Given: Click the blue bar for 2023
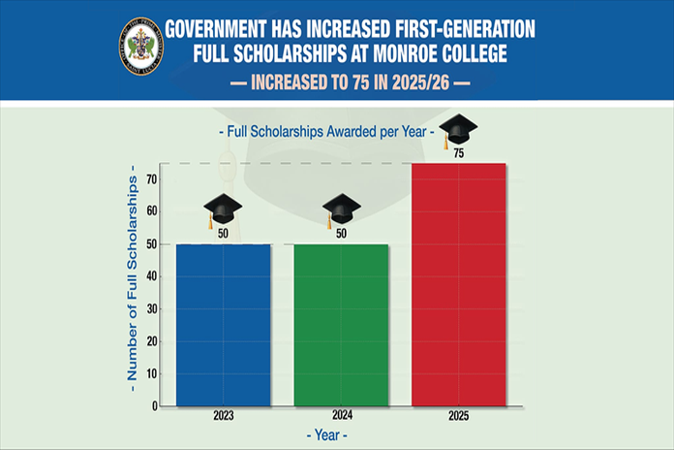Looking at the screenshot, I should (x=223, y=324).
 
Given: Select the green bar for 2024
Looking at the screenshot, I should (x=341, y=324).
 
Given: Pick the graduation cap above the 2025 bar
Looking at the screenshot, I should (x=458, y=130).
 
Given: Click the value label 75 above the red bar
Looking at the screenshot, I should (x=458, y=153).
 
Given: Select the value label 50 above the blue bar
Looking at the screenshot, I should (x=223, y=234).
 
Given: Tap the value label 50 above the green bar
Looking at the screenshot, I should (x=341, y=234).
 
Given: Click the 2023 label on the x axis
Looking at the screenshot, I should (x=223, y=415).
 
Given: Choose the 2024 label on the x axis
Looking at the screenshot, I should (x=341, y=415).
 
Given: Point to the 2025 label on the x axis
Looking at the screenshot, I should (x=459, y=415).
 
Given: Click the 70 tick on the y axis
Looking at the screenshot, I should (x=152, y=179).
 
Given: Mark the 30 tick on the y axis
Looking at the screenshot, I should (x=152, y=309).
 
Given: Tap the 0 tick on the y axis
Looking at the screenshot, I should (x=155, y=406).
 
